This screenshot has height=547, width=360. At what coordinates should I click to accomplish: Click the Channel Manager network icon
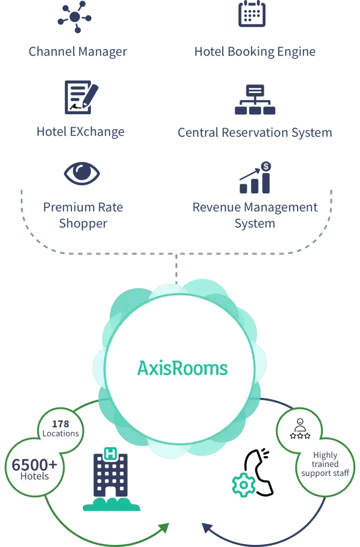[75, 17]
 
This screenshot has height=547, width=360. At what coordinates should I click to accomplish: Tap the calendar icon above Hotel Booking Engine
[252, 13]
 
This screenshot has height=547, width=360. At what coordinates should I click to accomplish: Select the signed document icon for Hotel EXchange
[82, 97]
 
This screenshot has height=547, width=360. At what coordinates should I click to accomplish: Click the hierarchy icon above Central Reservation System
[255, 100]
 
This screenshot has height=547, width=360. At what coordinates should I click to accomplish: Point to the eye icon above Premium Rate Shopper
[82, 174]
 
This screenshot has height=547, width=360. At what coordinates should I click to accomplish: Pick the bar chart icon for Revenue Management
[255, 177]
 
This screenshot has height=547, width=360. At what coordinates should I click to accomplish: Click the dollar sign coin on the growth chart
[266, 167]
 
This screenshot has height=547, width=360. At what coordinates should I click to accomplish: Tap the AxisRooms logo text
[183, 369]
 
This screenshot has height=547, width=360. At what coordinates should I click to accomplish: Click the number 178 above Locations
[61, 424]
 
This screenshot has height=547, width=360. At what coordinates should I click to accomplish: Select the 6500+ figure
[34, 465]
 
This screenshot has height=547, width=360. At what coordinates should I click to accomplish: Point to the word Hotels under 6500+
[35, 476]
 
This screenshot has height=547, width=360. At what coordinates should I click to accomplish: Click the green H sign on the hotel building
[111, 454]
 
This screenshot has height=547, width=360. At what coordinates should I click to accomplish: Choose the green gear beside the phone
[244, 485]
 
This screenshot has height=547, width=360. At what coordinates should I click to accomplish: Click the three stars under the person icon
[300, 436]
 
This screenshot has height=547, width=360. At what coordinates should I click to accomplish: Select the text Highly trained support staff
[325, 464]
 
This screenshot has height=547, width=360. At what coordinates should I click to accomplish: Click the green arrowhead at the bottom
[163, 528]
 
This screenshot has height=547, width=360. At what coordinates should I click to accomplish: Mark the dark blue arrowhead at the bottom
[208, 528]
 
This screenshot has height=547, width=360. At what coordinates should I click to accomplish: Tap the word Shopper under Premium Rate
[83, 224]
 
